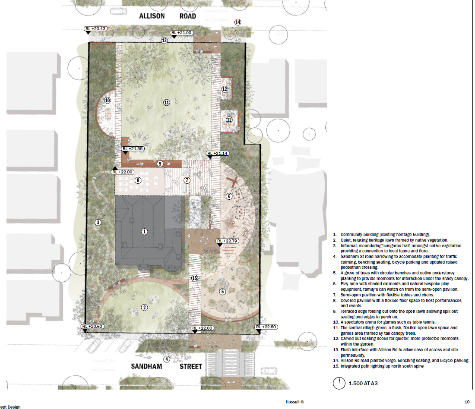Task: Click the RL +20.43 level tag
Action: (x=95, y=29)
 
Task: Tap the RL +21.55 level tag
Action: (x=133, y=149)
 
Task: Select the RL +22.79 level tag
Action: (x=228, y=241)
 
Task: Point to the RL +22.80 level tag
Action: (x=266, y=327)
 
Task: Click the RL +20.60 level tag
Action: (x=92, y=326)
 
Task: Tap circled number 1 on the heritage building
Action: (x=145, y=232)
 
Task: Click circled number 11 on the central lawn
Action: (x=167, y=102)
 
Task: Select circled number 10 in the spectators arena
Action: (x=108, y=100)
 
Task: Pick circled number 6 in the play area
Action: (x=229, y=196)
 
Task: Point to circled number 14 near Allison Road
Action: (x=238, y=22)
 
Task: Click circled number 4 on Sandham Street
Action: (x=167, y=359)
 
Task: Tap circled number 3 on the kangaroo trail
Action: (x=98, y=223)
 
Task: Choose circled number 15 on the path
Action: (x=194, y=278)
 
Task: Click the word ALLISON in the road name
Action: (x=152, y=16)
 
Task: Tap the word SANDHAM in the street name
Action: (x=146, y=366)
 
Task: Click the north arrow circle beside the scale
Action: (x=339, y=383)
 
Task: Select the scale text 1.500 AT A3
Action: (x=363, y=383)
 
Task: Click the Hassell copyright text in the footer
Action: (x=294, y=402)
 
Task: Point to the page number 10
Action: (x=467, y=402)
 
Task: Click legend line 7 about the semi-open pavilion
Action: (x=383, y=295)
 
